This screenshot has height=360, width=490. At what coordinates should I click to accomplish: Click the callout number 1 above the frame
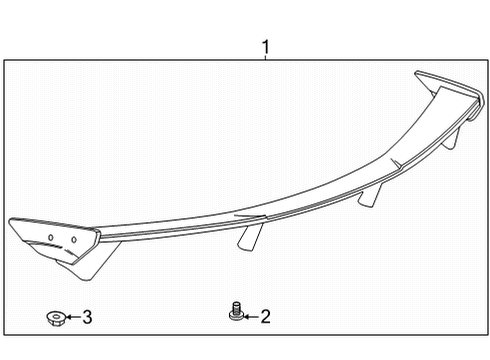(265, 47)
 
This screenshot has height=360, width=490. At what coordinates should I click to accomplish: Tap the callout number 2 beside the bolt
(265, 318)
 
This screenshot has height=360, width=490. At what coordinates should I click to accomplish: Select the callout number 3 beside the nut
(87, 318)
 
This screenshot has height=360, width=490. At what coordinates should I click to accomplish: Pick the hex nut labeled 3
(56, 318)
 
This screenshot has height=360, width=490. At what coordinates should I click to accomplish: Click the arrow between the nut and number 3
(72, 318)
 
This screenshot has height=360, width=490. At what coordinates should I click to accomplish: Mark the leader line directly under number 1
(265, 61)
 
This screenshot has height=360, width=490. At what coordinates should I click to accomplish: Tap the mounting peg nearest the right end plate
(452, 137)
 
